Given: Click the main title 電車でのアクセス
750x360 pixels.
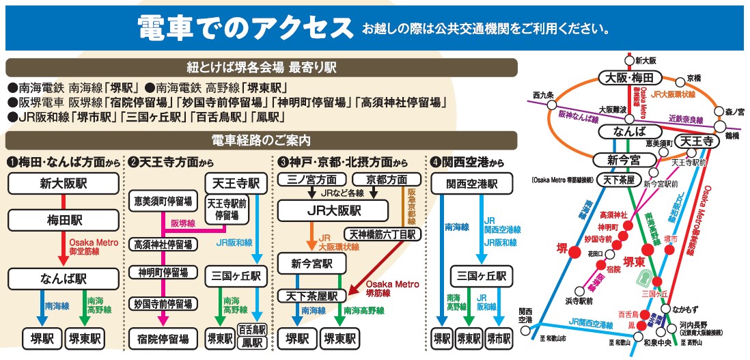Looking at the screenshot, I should coord(242,28).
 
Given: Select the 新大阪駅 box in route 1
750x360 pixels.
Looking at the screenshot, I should coord(64,184).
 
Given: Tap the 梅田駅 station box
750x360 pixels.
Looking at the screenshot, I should coord(64,220).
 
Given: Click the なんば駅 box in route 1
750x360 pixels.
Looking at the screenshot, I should coord(64,279).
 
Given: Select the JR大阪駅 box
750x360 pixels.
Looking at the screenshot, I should coord(332,210).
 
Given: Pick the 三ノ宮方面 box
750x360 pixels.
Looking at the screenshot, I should coord(311,180).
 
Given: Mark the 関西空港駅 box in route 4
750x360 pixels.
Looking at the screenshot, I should coord(472,184).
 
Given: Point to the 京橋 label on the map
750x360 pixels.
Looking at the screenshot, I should coord(694,79).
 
